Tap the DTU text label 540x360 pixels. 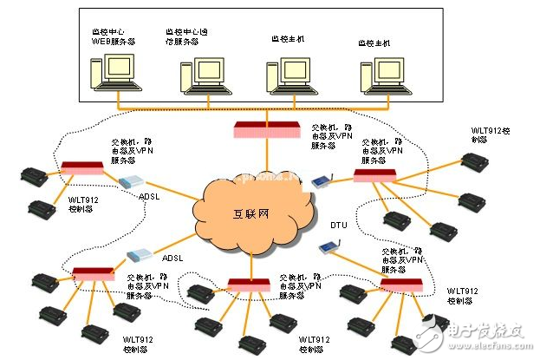coord(338,225)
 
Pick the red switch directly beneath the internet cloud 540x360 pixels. coord(251,284)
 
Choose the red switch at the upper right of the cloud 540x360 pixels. coord(374,176)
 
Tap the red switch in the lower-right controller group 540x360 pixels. coord(401,283)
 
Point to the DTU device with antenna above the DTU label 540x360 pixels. coord(321,181)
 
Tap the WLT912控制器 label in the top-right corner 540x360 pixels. coord(479,134)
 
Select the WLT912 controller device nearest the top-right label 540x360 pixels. coord(475,161)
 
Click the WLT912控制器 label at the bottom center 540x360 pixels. coord(315,344)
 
